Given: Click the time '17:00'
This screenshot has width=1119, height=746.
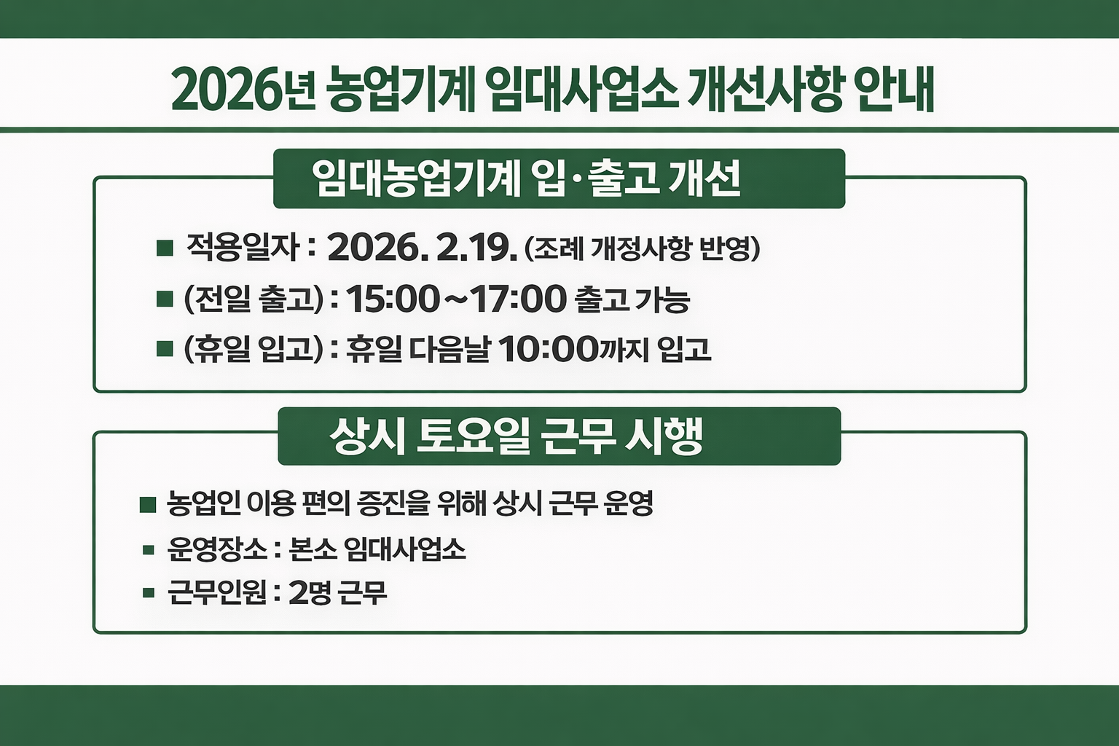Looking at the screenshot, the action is (517, 299).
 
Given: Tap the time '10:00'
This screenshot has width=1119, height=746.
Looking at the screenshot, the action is (548, 349).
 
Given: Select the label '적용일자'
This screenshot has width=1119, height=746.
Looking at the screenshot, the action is (243, 248).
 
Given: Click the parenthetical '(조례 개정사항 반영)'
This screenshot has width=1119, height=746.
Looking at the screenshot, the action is (642, 248).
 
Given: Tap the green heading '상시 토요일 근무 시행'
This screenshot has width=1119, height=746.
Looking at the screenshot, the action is (517, 436).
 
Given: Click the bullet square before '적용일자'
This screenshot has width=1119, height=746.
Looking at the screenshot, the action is (165, 248).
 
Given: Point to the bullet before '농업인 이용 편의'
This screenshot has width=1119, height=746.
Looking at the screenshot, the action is (148, 505).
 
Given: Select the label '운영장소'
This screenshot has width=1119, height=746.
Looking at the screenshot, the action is (217, 550).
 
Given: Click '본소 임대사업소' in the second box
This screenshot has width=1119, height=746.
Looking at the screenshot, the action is (377, 550).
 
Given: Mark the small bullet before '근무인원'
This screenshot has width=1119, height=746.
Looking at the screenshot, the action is (148, 593).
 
